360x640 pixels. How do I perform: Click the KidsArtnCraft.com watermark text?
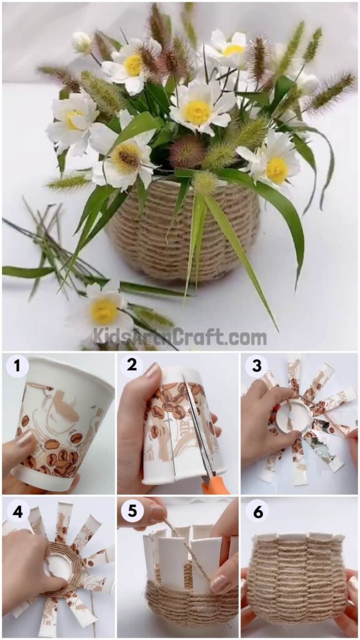180,337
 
